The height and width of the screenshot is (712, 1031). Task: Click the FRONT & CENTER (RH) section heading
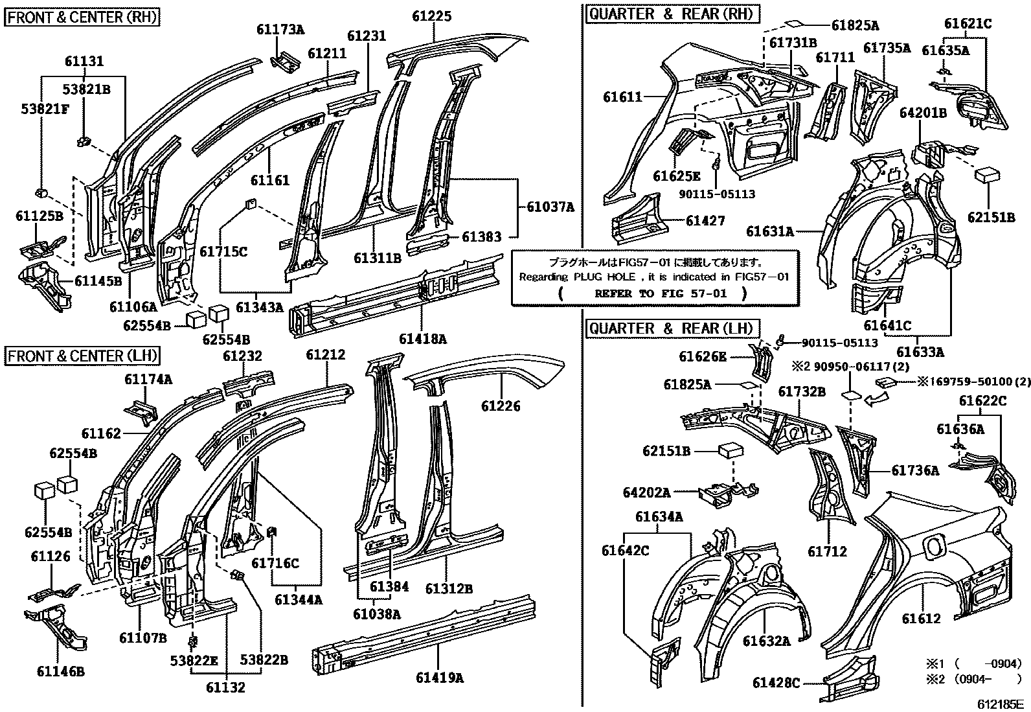pyautogui.click(x=82, y=17)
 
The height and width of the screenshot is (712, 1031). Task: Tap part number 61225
pyautogui.click(x=431, y=17)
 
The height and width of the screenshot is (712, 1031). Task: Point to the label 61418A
pyautogui.click(x=422, y=339)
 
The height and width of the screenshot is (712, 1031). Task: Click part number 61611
pyautogui.click(x=622, y=97)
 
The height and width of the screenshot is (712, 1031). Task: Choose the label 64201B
pyautogui.click(x=923, y=113)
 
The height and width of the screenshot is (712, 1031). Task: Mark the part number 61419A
pyautogui.click(x=440, y=678)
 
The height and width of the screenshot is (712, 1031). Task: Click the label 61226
pyautogui.click(x=501, y=406)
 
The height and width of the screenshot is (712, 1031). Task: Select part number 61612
pyautogui.click(x=921, y=619)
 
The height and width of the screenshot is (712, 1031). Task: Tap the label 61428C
pyautogui.click(x=776, y=683)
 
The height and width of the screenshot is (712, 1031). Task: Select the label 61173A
pyautogui.click(x=280, y=29)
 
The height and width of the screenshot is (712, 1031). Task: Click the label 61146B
pyautogui.click(x=61, y=672)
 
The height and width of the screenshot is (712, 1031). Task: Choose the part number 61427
pyautogui.click(x=705, y=221)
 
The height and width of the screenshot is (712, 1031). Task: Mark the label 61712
pyautogui.click(x=827, y=551)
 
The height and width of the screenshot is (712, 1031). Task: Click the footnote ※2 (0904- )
pyautogui.click(x=973, y=679)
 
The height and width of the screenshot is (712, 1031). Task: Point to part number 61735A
pyautogui.click(x=887, y=47)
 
